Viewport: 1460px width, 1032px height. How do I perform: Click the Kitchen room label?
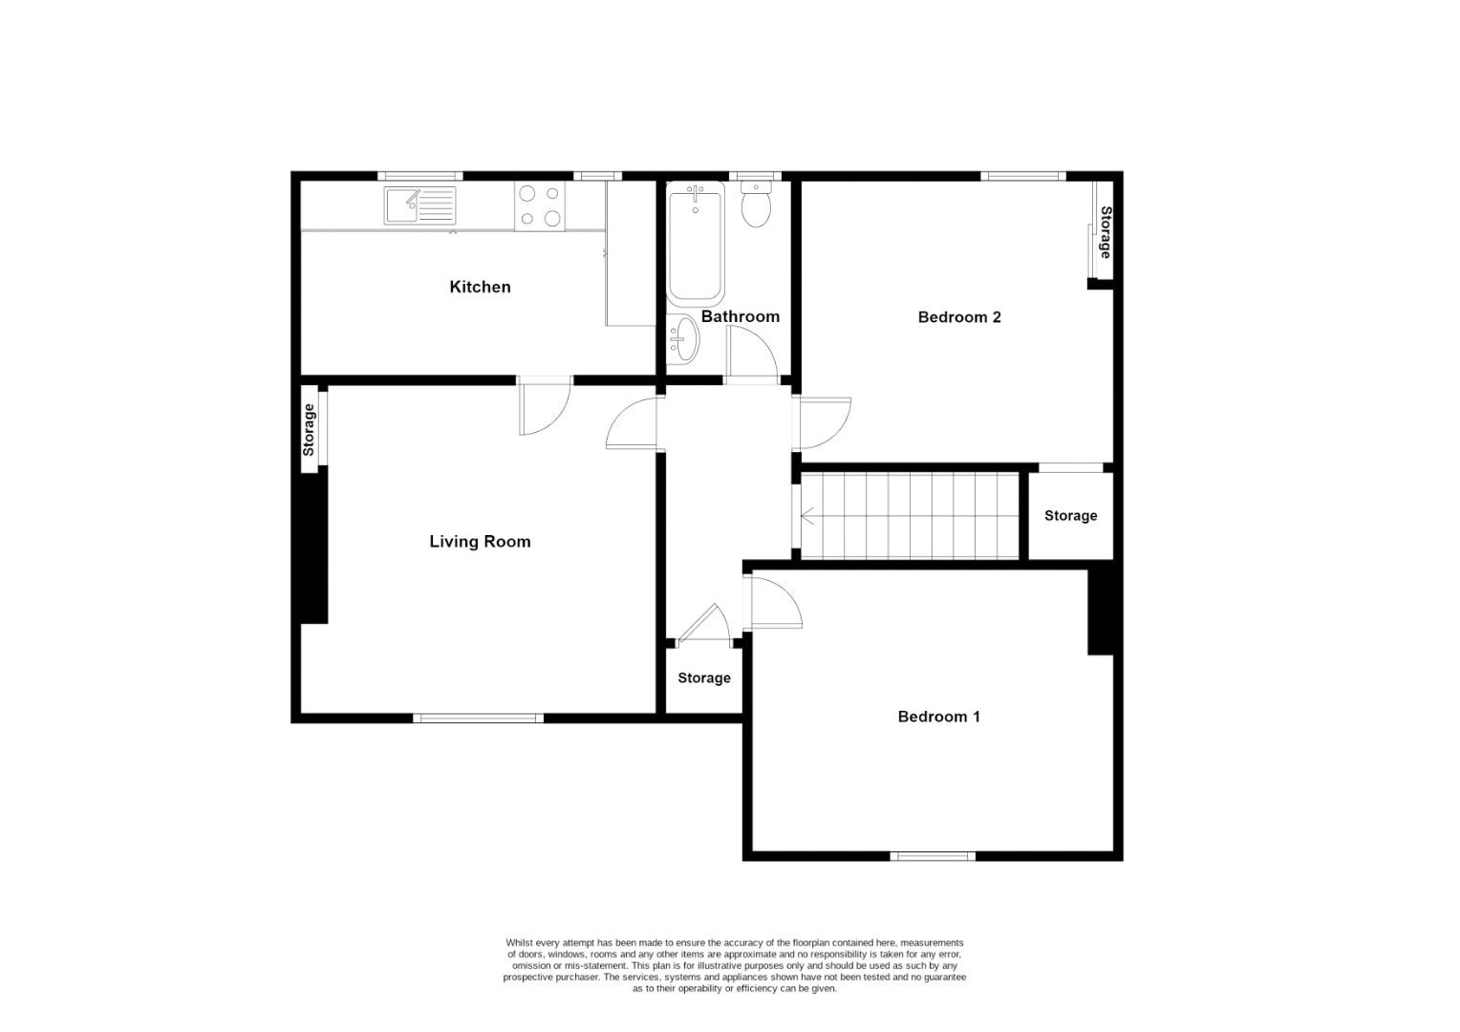coord(480,287)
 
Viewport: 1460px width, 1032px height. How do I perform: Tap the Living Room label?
coord(480,542)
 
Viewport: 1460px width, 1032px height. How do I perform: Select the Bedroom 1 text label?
coord(938,717)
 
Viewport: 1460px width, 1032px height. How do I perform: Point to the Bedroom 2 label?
coord(959,317)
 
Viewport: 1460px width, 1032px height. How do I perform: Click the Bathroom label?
coord(741,316)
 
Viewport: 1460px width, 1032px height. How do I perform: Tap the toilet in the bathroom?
coord(756,206)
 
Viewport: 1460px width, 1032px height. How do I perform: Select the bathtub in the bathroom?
coord(695,244)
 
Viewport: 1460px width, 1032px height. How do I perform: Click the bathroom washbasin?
coord(684,338)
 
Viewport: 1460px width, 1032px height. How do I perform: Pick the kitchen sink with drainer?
coord(420,205)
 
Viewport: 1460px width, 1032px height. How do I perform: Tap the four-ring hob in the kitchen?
coord(540,206)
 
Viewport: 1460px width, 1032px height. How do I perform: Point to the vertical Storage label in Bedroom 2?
coord(1106,232)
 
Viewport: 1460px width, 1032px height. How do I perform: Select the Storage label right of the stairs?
coord(1070,516)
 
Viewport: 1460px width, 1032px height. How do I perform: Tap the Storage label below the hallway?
coord(704,678)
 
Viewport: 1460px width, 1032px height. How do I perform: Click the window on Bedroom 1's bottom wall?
coord(933,856)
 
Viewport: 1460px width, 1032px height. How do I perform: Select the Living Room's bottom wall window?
coord(479,718)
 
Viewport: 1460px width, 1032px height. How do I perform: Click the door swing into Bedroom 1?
coord(774,601)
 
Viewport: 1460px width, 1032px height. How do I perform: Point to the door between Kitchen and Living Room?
coord(545,405)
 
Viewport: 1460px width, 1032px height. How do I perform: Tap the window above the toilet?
coord(755,176)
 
